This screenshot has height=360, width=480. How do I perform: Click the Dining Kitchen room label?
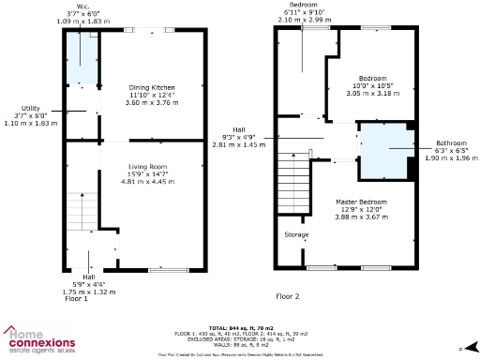click(x=151, y=87)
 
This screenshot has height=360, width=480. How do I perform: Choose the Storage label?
click(x=296, y=234)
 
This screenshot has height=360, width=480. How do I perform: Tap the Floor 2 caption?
click(x=287, y=296)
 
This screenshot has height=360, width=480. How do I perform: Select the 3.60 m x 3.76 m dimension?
click(x=151, y=103)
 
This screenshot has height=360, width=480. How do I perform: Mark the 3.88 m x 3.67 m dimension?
click(x=361, y=217)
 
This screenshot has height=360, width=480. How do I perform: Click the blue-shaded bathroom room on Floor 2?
click(x=383, y=150)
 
